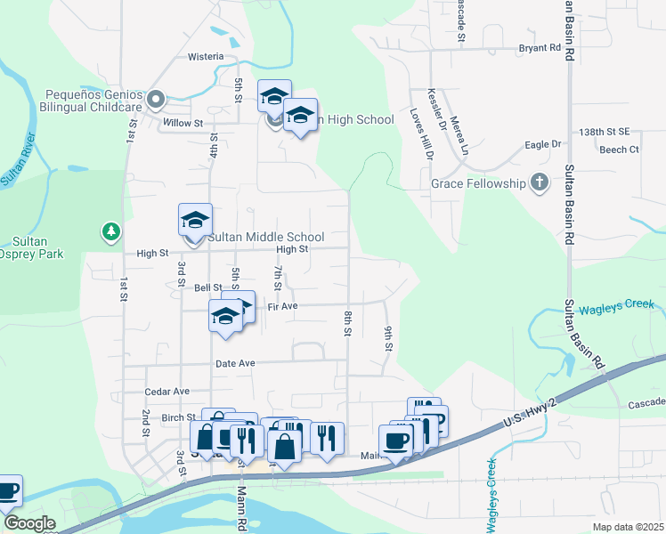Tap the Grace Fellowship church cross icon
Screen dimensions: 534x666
click(538, 183)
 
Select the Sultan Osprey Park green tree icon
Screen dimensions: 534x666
click(110, 232)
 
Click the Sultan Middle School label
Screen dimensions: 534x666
click(265, 238)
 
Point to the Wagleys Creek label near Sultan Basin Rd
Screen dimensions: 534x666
click(617, 307)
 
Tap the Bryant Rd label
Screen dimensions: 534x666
click(540, 47)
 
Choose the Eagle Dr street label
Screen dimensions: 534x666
click(543, 144)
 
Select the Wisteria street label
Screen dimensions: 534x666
click(206, 56)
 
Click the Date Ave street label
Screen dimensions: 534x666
click(235, 363)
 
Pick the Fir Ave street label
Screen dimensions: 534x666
click(281, 306)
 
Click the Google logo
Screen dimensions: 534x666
click(29, 523)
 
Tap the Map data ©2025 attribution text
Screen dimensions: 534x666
click(629, 527)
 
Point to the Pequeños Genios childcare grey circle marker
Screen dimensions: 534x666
click(156, 99)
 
